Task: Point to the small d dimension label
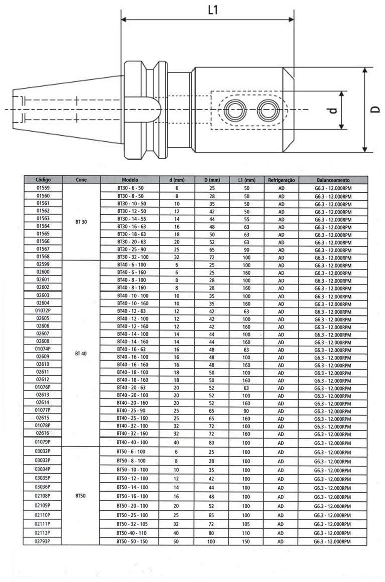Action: (x=334, y=110)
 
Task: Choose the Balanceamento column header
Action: (x=333, y=180)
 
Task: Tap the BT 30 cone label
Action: (x=81, y=222)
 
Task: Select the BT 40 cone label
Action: (x=81, y=353)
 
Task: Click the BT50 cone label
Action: (x=81, y=495)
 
